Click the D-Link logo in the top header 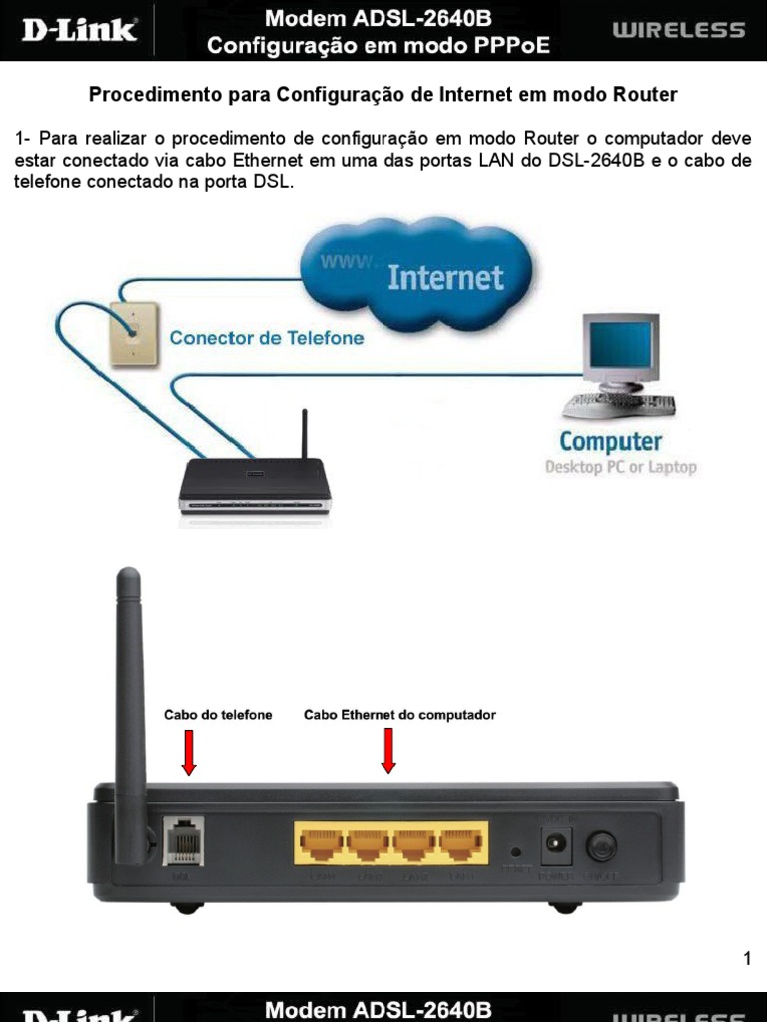pos(79,30)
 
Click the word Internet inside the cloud pos(445,276)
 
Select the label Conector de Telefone pos(266,338)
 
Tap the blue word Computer pos(610,440)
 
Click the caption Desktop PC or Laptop pos(620,467)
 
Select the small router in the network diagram pos(253,483)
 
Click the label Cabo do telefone pos(218,715)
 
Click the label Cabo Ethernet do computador pos(399,715)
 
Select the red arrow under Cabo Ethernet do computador pos(388,751)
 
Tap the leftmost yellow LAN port pos(319,844)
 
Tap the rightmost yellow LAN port pos(461,844)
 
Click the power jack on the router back pos(554,846)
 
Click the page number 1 pos(747,960)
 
